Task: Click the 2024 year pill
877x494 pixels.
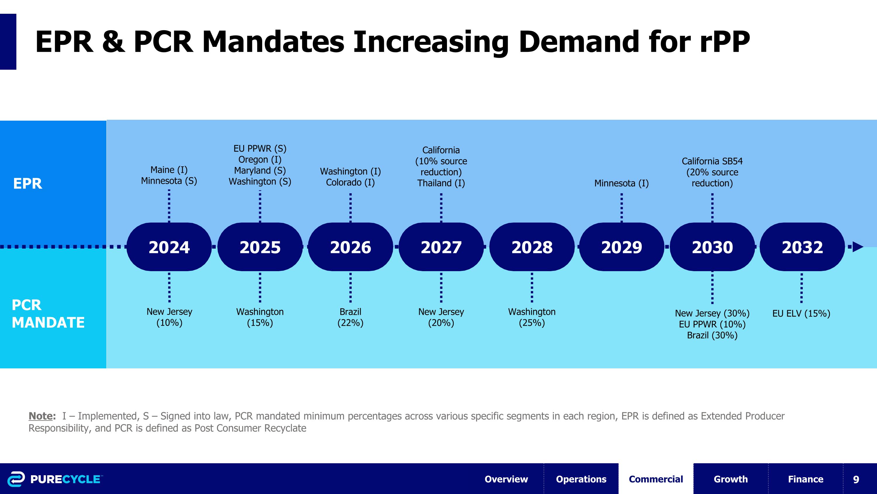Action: (x=169, y=247)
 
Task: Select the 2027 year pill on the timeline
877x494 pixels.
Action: (x=441, y=247)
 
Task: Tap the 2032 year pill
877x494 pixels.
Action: (x=802, y=247)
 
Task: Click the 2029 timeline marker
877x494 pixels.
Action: (x=622, y=247)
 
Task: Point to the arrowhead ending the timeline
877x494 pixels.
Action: (x=859, y=247)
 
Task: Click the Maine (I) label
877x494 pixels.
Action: (x=169, y=170)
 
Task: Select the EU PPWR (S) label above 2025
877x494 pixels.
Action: (x=260, y=149)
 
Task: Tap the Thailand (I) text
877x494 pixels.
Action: (x=441, y=183)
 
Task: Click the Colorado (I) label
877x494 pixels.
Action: (x=350, y=182)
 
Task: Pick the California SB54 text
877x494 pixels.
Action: (x=712, y=161)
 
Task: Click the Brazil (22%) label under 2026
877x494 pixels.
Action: (x=350, y=317)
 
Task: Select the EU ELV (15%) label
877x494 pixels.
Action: (x=801, y=313)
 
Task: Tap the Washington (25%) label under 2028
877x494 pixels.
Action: (x=532, y=317)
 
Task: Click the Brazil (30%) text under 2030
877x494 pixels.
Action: (x=712, y=335)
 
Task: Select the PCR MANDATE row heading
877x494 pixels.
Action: (x=48, y=314)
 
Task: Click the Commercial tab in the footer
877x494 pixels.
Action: (x=656, y=479)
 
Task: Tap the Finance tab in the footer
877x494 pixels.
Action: (x=805, y=479)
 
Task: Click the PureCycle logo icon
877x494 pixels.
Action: (x=16, y=479)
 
